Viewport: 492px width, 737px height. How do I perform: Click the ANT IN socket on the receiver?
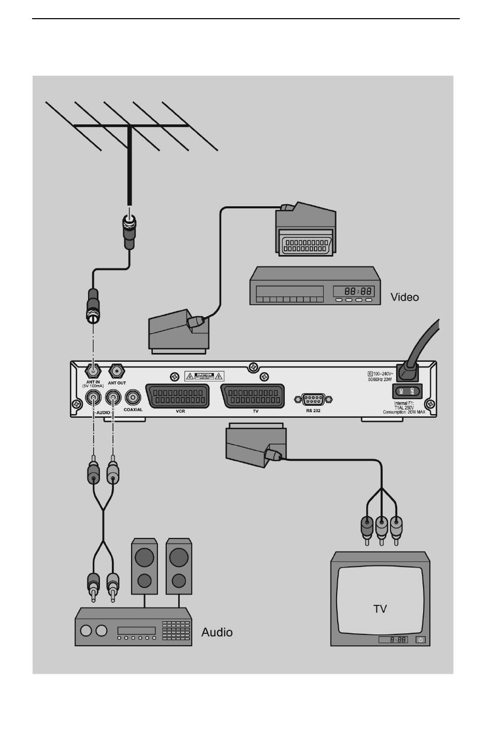pos(93,371)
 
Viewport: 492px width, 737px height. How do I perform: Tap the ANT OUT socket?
pos(117,371)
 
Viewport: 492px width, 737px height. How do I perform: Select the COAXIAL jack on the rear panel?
pos(133,398)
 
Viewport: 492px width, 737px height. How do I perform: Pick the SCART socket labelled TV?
pos(253,396)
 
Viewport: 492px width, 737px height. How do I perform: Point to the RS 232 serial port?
pos(313,399)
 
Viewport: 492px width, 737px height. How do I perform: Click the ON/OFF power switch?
pos(408,391)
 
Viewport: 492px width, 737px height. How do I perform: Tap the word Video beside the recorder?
pos(404,297)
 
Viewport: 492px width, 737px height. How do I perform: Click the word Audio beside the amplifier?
pos(217,632)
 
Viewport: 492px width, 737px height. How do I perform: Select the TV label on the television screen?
pos(380,608)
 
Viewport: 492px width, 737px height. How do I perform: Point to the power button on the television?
pos(420,640)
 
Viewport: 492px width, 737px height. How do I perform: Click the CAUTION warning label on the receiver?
pos(205,375)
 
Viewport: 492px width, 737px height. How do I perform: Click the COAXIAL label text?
pos(133,410)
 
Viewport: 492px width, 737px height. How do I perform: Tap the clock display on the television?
pos(393,640)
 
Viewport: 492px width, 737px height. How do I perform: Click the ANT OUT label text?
pos(117,383)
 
